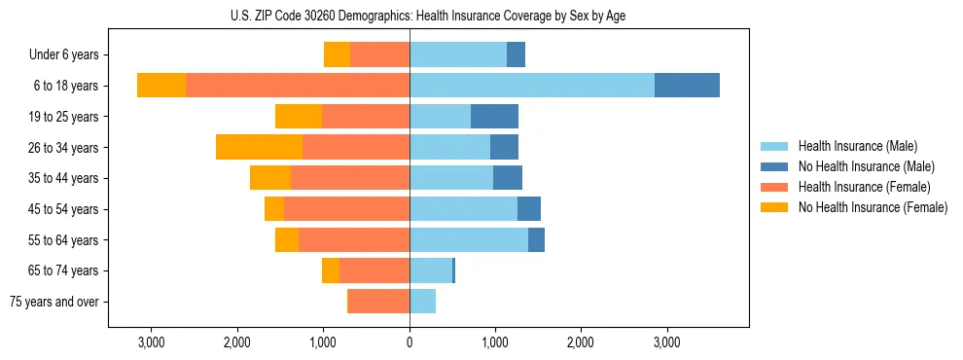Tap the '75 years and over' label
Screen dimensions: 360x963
point(54,302)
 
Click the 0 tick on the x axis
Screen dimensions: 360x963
point(410,342)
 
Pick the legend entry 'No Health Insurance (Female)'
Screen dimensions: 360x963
point(873,207)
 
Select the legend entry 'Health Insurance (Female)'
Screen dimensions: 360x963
point(865,187)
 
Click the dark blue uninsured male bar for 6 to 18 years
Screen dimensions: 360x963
point(687,86)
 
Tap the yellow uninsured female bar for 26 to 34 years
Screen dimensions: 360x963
point(259,147)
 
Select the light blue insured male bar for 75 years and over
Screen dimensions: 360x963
point(422,302)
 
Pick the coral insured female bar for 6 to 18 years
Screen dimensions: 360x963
point(298,86)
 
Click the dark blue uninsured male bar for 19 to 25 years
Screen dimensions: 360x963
point(494,117)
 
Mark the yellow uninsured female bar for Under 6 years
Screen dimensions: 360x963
point(337,55)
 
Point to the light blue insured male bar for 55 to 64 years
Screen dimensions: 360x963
point(469,239)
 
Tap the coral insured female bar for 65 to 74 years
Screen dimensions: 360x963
point(374,270)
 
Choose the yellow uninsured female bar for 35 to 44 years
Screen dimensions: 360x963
point(270,178)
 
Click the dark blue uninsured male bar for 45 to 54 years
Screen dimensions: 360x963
point(529,209)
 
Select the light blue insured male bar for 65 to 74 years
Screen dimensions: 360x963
point(431,270)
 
